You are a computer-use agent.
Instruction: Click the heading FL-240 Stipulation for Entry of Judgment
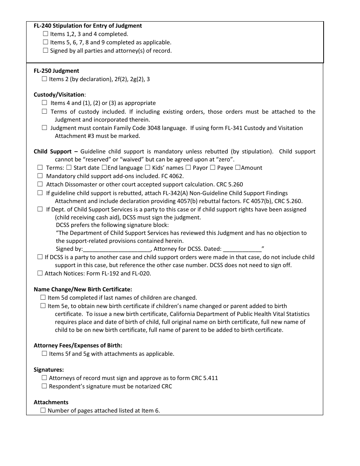(88, 26)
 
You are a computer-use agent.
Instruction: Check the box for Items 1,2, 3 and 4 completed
(45, 34)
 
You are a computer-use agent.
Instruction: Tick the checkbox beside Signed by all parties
(45, 50)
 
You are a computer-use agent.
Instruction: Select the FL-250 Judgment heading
(56, 71)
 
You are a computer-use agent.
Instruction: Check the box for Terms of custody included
(44, 111)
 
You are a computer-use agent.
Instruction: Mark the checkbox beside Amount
(238, 167)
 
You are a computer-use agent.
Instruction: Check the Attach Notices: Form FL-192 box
(40, 273)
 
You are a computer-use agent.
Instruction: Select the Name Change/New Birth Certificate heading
(83, 289)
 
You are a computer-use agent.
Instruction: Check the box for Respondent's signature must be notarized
(44, 386)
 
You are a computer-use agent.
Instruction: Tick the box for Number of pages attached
(43, 410)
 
